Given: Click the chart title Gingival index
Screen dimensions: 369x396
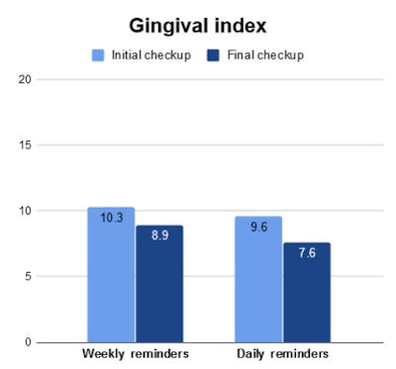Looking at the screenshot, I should point(198,24).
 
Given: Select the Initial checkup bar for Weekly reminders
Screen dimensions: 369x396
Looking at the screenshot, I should point(111,277).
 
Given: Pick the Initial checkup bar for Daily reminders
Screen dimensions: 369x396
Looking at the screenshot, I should point(258,281).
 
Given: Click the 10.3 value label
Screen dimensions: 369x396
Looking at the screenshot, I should point(111,218).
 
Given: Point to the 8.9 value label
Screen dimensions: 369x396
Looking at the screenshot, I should point(159,236).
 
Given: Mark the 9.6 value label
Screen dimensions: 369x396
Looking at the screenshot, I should point(258,227).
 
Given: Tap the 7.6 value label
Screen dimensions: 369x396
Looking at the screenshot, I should point(307,253).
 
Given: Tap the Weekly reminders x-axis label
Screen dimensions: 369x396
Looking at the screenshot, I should point(135,354).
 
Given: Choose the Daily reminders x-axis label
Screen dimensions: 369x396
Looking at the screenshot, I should point(282,354).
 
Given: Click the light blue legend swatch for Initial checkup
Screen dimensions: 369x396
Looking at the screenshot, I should point(97,54).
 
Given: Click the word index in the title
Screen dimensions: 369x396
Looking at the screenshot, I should point(245,24).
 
